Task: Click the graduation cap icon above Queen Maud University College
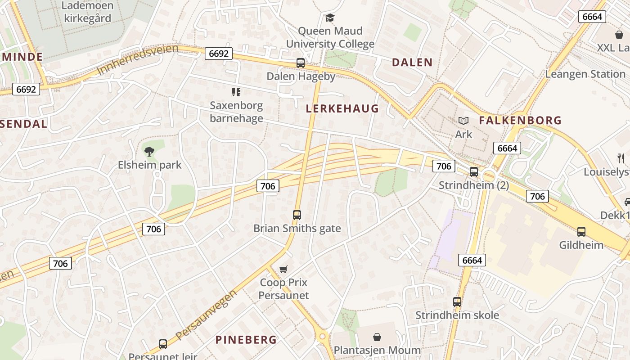pyautogui.click(x=330, y=18)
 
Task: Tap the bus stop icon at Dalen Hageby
pyautogui.click(x=301, y=63)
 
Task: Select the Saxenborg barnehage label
pyautogui.click(x=236, y=112)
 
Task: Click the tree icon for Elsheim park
pyautogui.click(x=149, y=152)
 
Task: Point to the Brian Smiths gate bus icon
pyautogui.click(x=297, y=215)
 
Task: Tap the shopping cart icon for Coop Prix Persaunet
pyautogui.click(x=283, y=270)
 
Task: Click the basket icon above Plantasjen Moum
pyautogui.click(x=377, y=337)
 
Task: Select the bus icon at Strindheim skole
pyautogui.click(x=457, y=302)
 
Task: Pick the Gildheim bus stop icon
pyautogui.click(x=581, y=232)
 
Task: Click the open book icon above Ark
pyautogui.click(x=463, y=121)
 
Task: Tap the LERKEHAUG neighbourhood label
pyautogui.click(x=342, y=108)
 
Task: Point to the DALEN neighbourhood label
pyautogui.click(x=412, y=63)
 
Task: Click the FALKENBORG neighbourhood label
pyautogui.click(x=520, y=121)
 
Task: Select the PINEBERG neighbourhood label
pyautogui.click(x=246, y=340)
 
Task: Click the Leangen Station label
pyautogui.click(x=585, y=74)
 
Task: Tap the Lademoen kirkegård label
pyautogui.click(x=87, y=12)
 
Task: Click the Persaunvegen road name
pyautogui.click(x=207, y=315)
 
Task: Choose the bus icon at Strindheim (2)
pyautogui.click(x=474, y=172)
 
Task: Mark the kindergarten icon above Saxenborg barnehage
pyautogui.click(x=236, y=92)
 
